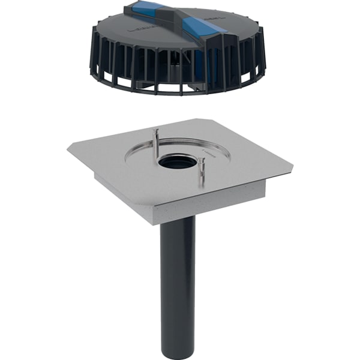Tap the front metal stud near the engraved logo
point(201,170)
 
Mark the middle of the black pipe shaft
point(178,282)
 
